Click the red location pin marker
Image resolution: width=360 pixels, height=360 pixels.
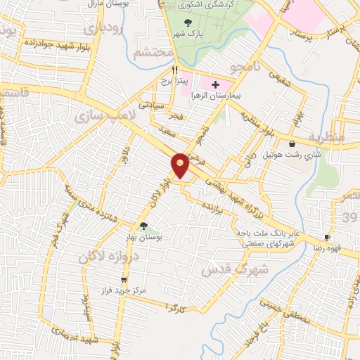click(180, 165)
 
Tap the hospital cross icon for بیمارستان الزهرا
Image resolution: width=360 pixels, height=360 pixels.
click(215, 84)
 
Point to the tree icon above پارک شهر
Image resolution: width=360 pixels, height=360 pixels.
click(186, 23)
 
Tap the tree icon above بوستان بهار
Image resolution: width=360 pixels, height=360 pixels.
click(144, 226)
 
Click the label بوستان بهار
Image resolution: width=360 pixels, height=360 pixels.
click(144, 238)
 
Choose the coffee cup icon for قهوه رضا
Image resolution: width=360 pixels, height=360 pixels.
click(327, 238)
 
